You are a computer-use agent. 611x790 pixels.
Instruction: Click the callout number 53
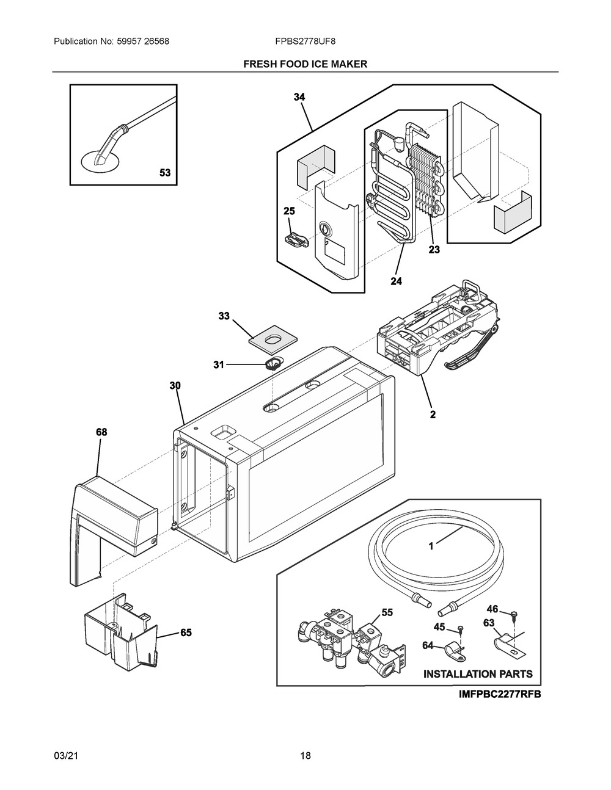[165, 173]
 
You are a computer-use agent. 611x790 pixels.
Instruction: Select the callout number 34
[299, 97]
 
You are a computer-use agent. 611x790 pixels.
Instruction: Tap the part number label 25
[289, 211]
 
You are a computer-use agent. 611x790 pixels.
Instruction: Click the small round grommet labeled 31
[274, 364]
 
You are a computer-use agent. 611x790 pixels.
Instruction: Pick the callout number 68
[101, 432]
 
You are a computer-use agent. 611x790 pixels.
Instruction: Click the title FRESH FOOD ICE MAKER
[305, 64]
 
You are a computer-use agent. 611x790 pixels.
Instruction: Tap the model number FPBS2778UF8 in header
[305, 42]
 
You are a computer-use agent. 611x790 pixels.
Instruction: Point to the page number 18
[305, 756]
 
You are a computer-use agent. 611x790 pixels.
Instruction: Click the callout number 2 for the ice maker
[433, 415]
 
